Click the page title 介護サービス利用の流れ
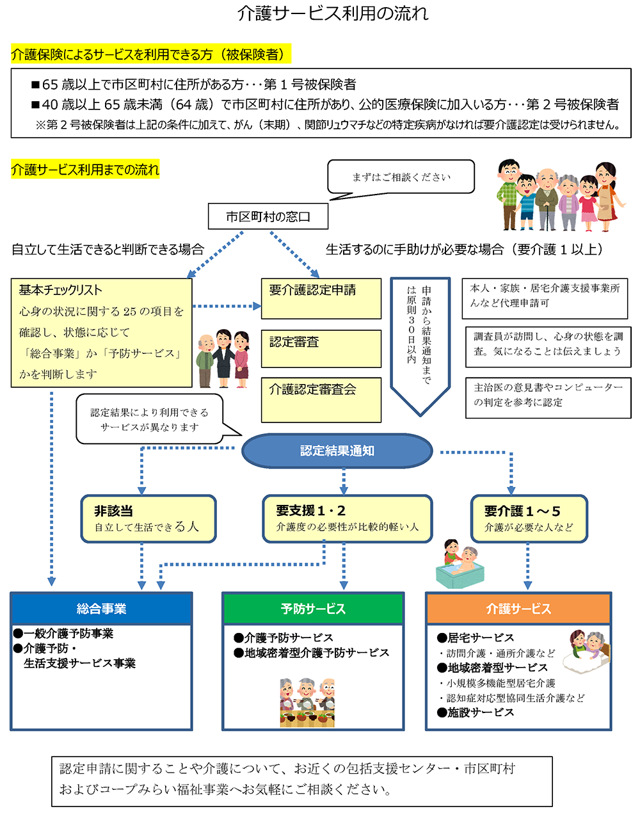click(x=333, y=13)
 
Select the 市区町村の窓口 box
click(x=268, y=217)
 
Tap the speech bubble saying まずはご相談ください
click(x=401, y=177)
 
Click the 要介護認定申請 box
click(x=321, y=298)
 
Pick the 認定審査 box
click(x=321, y=349)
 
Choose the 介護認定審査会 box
click(x=321, y=399)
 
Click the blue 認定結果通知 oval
click(x=337, y=451)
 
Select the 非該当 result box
click(x=148, y=518)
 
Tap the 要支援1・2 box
click(x=347, y=518)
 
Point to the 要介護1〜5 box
click(x=529, y=518)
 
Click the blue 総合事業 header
click(x=101, y=609)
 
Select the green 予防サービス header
click(x=313, y=609)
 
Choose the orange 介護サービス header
click(x=518, y=609)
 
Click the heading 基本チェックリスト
click(x=60, y=290)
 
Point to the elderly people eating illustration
click(x=307, y=703)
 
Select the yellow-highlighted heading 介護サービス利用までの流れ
click(x=85, y=170)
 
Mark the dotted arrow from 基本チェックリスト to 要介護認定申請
click(x=227, y=307)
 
